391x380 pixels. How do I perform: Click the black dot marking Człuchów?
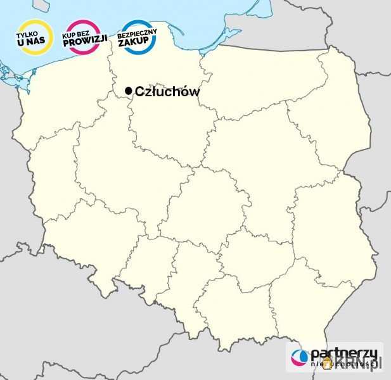coord(129,92)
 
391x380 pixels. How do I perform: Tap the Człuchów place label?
coord(167,92)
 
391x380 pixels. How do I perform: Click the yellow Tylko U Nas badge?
coord(34,38)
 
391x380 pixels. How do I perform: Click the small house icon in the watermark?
coord(327,362)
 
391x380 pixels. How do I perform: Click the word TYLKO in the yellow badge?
coord(34,34)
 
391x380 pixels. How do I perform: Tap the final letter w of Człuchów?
coord(194,92)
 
